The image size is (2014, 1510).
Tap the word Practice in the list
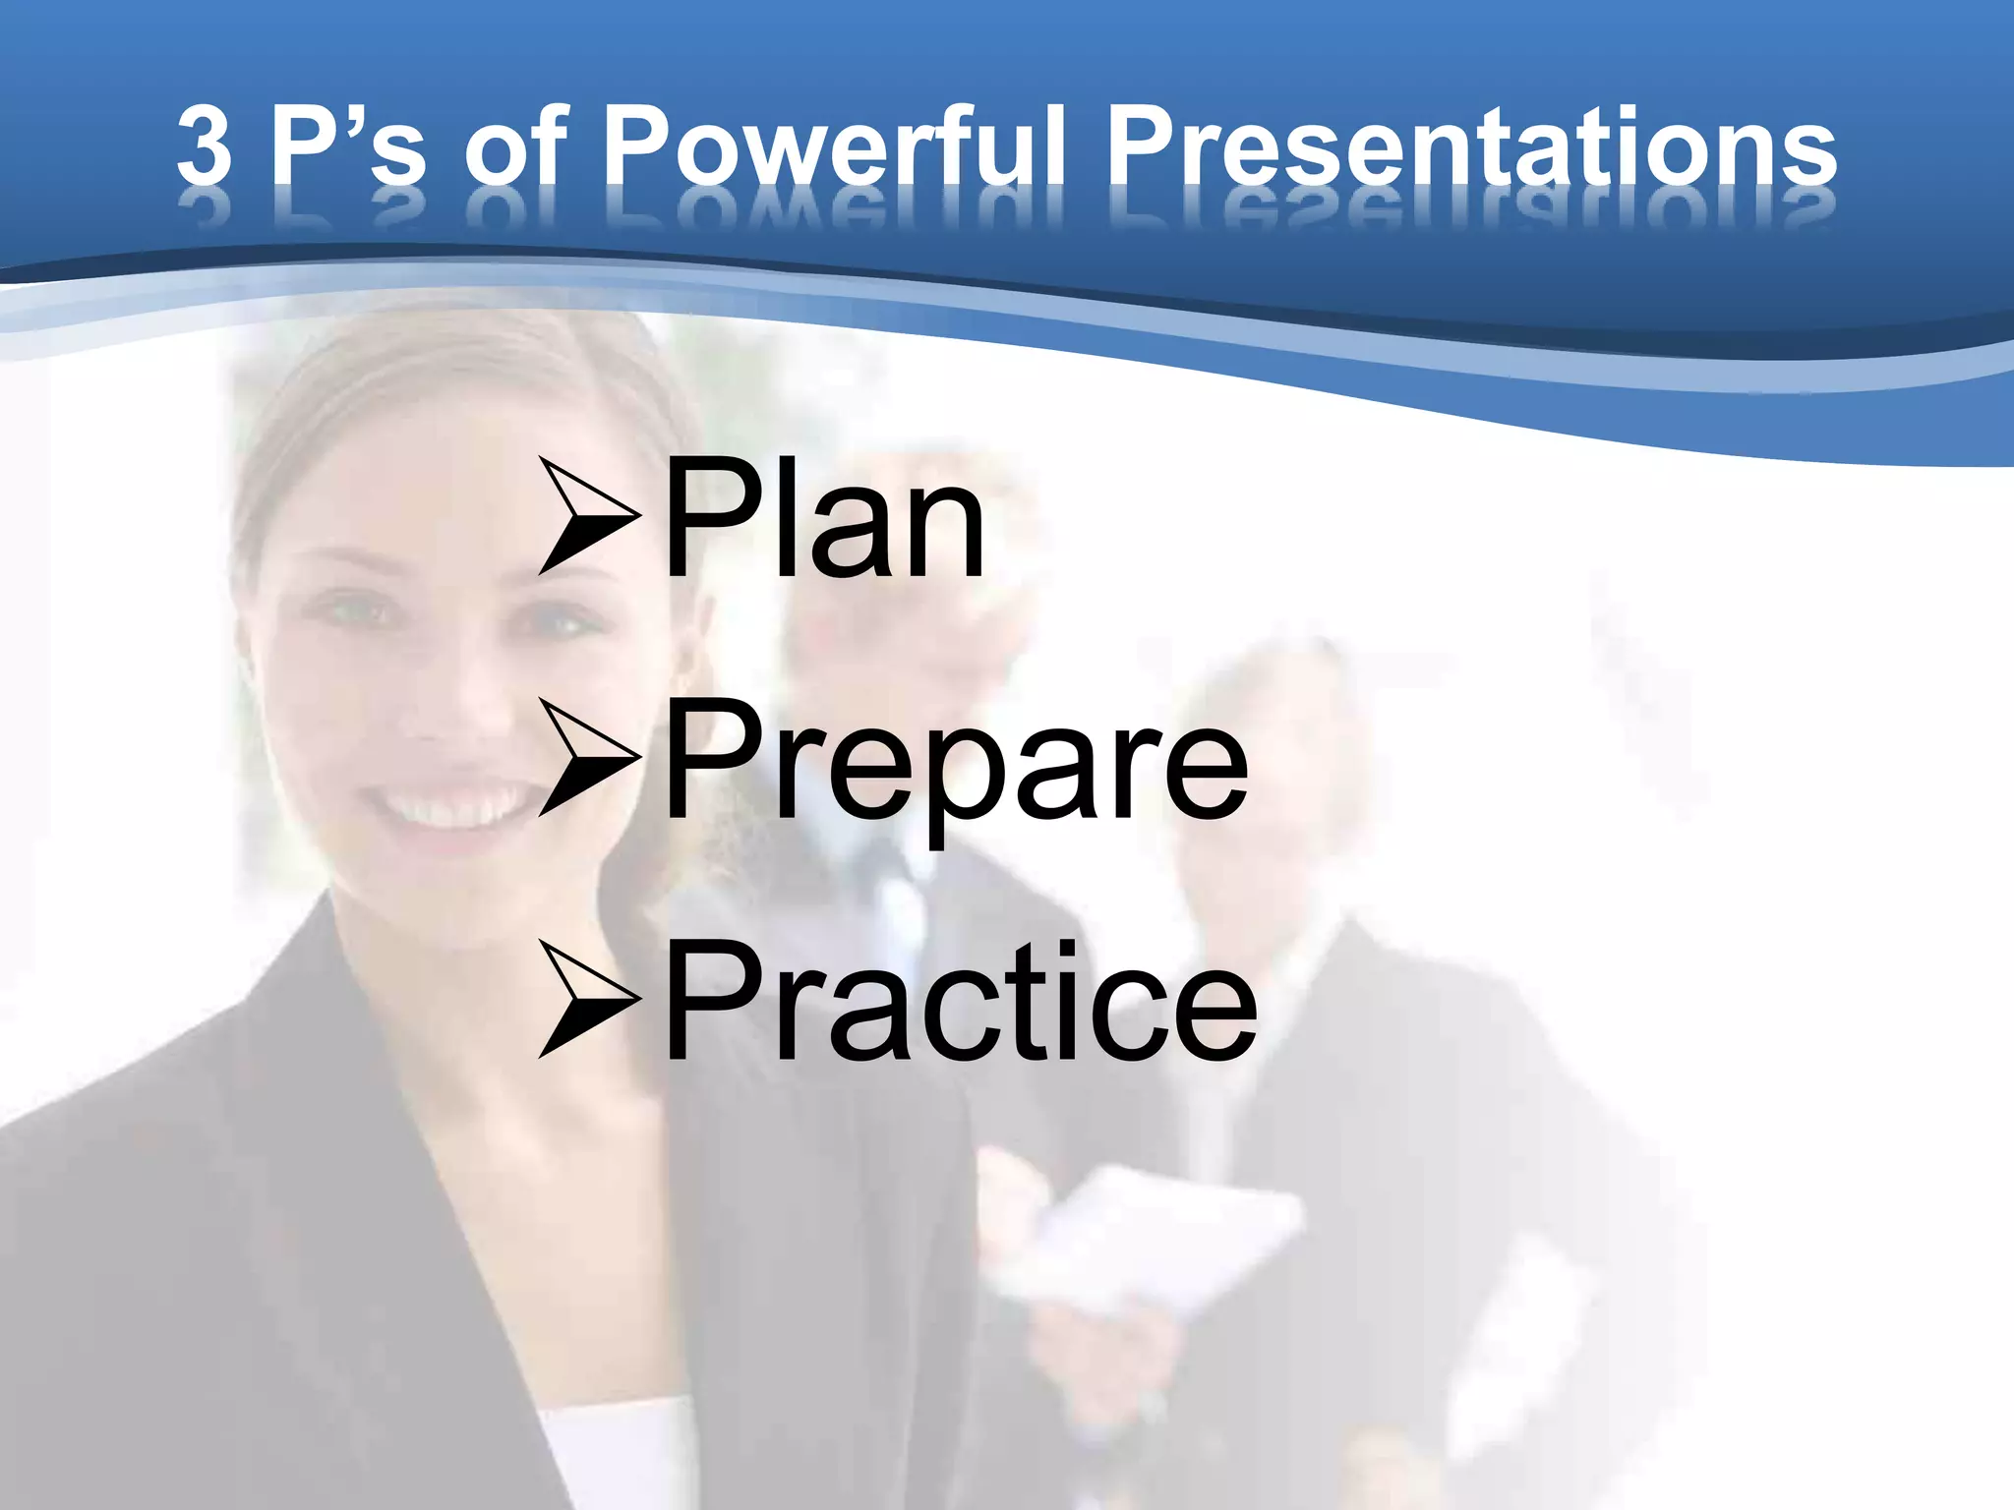tap(960, 1003)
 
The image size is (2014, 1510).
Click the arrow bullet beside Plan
tap(588, 515)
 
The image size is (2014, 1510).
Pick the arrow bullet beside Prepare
tap(588, 759)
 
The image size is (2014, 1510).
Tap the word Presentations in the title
tap(1471, 147)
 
